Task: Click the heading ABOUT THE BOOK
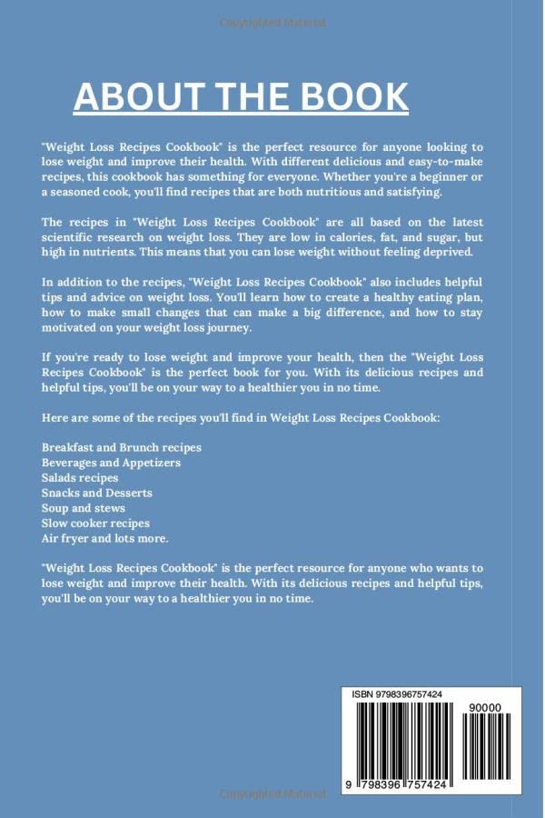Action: pos(241,95)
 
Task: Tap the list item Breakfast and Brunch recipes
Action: pos(122,448)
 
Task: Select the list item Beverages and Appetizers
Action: pos(111,463)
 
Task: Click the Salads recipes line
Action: pos(80,478)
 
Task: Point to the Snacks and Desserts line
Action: pos(97,493)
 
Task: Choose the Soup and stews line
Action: pos(84,508)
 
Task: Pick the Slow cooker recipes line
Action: pos(95,524)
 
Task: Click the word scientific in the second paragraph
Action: pos(72,237)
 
